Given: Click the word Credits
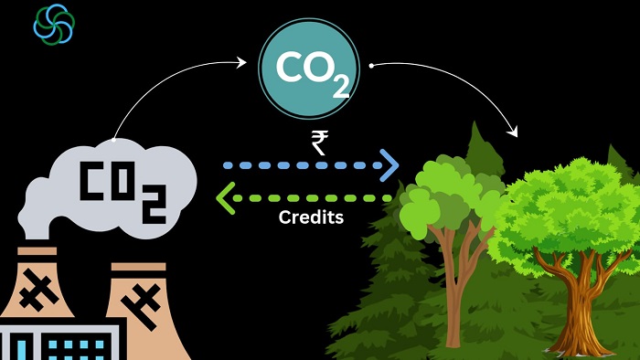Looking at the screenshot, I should click(x=311, y=219).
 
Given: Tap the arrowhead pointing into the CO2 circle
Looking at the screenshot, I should click(x=243, y=62).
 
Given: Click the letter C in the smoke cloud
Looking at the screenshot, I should click(x=93, y=183).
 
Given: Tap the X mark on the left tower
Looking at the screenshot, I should click(x=37, y=291).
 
